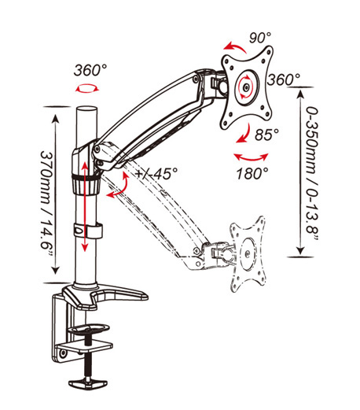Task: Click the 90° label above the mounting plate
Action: tap(260, 38)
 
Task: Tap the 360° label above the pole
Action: tap(90, 70)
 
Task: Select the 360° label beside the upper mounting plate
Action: tap(284, 79)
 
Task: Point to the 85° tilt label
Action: tap(267, 135)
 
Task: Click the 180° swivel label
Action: tap(252, 173)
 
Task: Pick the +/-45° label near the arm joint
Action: tap(156, 173)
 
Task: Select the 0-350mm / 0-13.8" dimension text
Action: tap(313, 173)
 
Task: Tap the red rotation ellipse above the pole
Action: tap(87, 88)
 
